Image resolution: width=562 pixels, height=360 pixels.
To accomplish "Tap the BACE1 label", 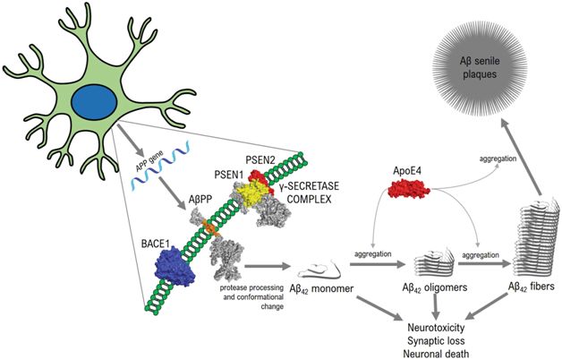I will pyautogui.click(x=133, y=235).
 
